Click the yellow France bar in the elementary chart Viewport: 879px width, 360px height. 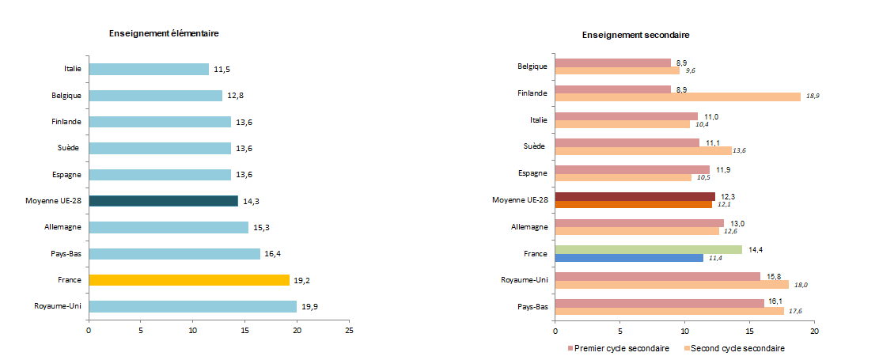click(189, 280)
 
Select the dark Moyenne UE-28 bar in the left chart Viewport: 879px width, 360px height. click(163, 201)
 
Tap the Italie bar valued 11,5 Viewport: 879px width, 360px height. click(149, 70)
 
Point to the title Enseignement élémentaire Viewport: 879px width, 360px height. click(164, 33)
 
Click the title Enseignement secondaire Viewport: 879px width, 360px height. click(636, 36)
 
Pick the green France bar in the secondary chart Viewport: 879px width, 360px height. click(649, 249)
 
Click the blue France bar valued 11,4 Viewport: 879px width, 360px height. click(629, 258)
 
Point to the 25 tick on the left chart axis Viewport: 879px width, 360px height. click(349, 331)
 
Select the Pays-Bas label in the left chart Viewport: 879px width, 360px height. click(66, 254)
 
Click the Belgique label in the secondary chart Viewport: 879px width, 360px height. click(532, 66)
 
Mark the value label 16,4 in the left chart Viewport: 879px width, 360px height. click(273, 254)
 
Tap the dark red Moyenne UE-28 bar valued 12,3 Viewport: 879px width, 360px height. click(635, 196)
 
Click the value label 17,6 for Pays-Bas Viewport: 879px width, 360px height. click(796, 311)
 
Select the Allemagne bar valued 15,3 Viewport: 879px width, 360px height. click(169, 228)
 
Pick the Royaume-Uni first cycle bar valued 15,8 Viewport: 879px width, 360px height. click(657, 276)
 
